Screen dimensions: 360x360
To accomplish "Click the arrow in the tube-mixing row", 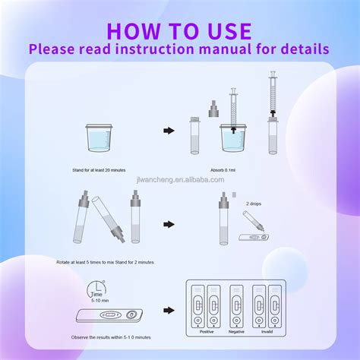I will click(169, 224).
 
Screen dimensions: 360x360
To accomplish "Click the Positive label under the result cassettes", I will click(206, 332).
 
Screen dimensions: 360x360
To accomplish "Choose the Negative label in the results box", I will click(236, 332).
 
